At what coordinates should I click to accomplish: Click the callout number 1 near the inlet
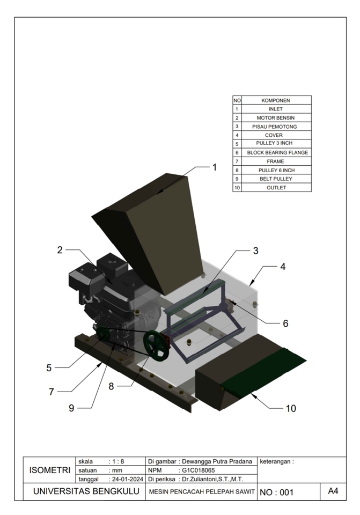pyautogui.click(x=215, y=167)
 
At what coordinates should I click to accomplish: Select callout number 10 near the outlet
pyautogui.click(x=290, y=408)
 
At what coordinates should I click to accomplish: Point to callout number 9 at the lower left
pyautogui.click(x=71, y=408)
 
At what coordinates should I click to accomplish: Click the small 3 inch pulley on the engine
pyautogui.click(x=102, y=336)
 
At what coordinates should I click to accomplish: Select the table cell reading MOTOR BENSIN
pyautogui.click(x=276, y=117)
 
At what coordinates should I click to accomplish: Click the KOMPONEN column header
pyautogui.click(x=276, y=100)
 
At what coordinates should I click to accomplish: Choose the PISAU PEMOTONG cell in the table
pyautogui.click(x=276, y=127)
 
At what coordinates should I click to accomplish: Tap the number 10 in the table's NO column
pyautogui.click(x=237, y=187)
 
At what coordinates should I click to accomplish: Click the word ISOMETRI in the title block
pyautogui.click(x=49, y=470)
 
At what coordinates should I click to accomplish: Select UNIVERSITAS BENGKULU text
pyautogui.click(x=84, y=491)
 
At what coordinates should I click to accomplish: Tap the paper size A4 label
pyautogui.click(x=332, y=491)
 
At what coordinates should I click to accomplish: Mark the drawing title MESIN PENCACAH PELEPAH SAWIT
pyautogui.click(x=201, y=492)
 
